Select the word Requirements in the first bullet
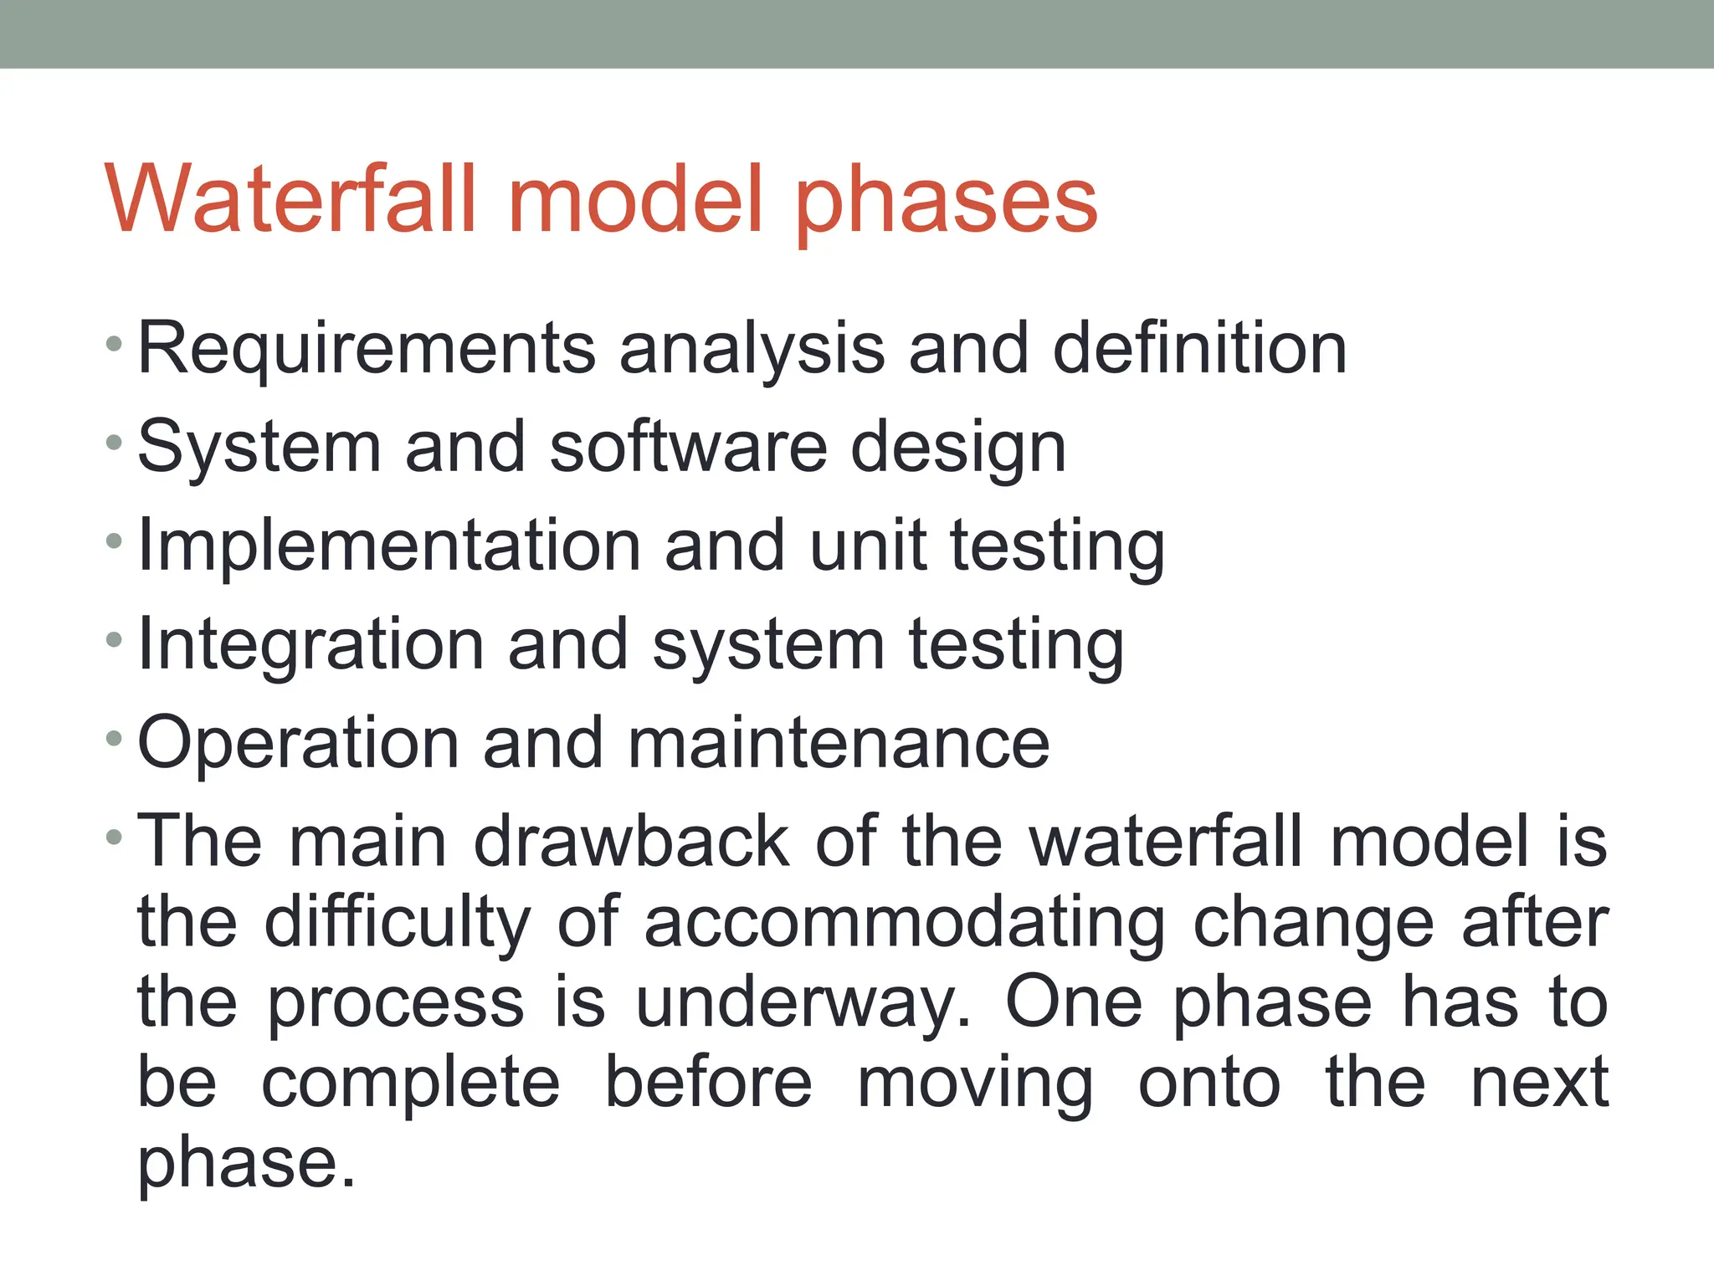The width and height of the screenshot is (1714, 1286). pos(367,350)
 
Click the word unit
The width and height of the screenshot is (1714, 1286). pos(868,546)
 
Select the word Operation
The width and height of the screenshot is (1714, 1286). pos(298,745)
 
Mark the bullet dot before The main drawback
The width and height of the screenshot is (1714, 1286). pos(115,837)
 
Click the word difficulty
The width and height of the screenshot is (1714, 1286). pos(398,924)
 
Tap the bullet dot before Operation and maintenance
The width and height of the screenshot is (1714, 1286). pos(115,738)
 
